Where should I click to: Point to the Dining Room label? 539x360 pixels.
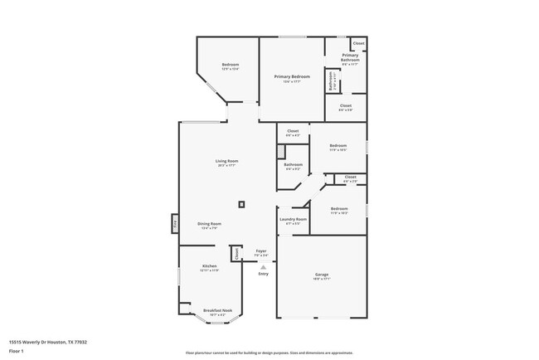click(x=209, y=224)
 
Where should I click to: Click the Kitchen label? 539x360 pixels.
click(x=209, y=266)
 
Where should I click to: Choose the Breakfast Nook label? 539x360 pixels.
click(x=217, y=311)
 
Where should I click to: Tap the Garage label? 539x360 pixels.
click(x=322, y=275)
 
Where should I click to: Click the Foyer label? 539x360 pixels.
click(x=260, y=251)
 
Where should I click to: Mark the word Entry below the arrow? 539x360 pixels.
click(x=263, y=274)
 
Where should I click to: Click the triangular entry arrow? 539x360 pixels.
click(x=263, y=267)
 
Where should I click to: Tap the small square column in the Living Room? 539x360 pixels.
click(x=241, y=203)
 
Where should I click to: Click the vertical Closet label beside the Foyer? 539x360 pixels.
click(x=236, y=254)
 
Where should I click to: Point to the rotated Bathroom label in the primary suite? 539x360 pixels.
click(x=331, y=82)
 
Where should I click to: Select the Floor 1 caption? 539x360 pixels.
click(x=17, y=351)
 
